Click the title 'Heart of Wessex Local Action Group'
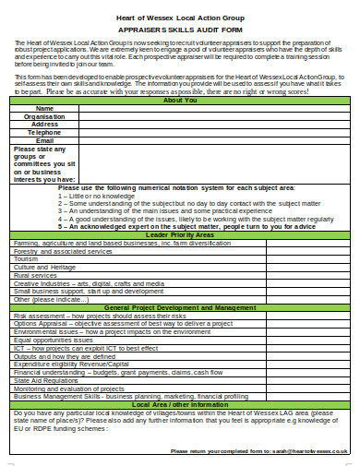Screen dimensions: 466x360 click(179, 18)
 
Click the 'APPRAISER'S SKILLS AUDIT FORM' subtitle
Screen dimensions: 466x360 click(179, 30)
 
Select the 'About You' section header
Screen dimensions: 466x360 click(179, 100)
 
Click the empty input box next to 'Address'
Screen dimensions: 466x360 click(211, 125)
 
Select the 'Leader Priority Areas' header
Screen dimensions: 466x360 click(179, 235)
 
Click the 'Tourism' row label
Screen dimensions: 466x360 click(28, 259)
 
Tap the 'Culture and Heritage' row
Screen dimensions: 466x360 click(45, 268)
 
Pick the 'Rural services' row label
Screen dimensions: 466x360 click(36, 275)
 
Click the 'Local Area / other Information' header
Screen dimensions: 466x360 click(179, 403)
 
